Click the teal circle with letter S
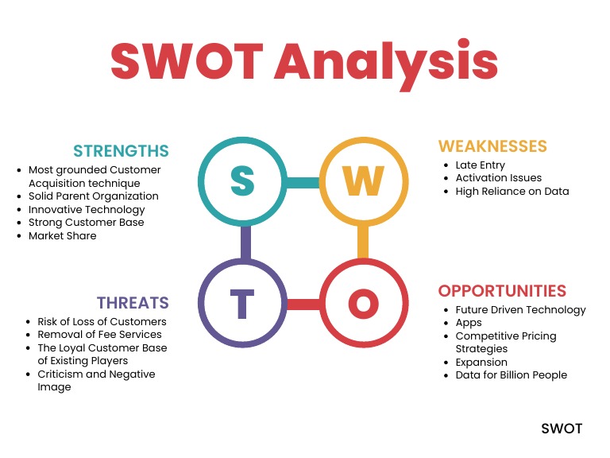click(242, 182)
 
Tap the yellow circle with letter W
click(363, 182)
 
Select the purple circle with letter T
click(242, 303)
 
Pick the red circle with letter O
click(363, 303)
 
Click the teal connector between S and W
click(303, 183)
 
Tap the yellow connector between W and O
click(363, 243)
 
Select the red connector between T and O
click(303, 304)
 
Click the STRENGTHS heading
click(121, 151)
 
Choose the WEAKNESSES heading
click(492, 146)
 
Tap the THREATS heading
click(133, 303)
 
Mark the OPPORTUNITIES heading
click(502, 291)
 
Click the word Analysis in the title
click(386, 60)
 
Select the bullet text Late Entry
click(480, 165)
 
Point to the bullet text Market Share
click(62, 235)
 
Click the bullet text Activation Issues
click(498, 178)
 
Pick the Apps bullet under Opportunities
click(469, 323)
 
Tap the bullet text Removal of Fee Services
click(99, 335)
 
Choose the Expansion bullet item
click(481, 362)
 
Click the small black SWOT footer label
click(562, 429)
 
